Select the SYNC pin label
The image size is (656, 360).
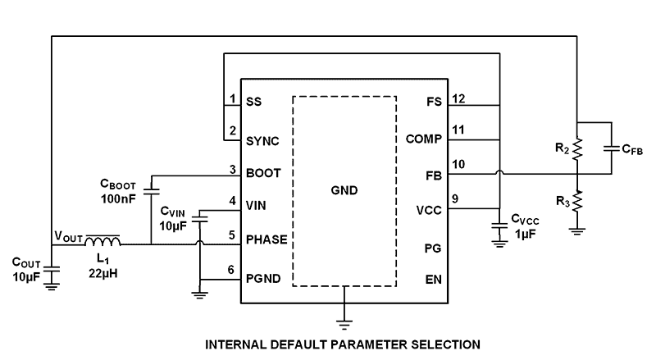[x=262, y=141]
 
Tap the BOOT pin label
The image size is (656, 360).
[x=262, y=174]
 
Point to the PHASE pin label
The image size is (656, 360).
[x=266, y=241]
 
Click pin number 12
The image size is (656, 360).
[x=458, y=98]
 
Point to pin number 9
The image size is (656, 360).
[x=455, y=198]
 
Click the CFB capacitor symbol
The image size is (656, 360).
[x=612, y=149]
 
